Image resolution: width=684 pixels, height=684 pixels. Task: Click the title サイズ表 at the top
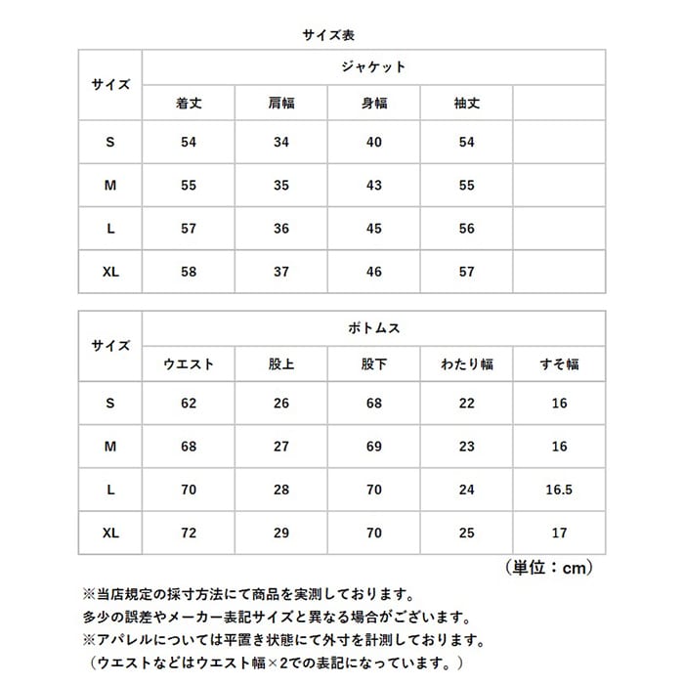click(x=342, y=33)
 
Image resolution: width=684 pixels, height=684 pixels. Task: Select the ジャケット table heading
click(x=373, y=67)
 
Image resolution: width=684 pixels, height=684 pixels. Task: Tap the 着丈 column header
click(x=189, y=103)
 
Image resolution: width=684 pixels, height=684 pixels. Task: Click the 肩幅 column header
click(x=280, y=103)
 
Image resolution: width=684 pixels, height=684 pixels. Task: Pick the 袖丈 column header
click(x=466, y=103)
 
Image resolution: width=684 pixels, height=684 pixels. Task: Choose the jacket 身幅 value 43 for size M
click(x=373, y=186)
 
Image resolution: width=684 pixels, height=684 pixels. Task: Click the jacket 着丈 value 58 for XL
click(x=189, y=272)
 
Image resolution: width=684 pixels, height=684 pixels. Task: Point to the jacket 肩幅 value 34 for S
click(x=280, y=143)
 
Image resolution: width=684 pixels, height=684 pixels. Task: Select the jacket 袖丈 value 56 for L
click(x=466, y=229)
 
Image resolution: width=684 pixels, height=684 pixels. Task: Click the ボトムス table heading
click(x=373, y=328)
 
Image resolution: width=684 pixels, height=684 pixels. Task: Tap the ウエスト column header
click(x=189, y=363)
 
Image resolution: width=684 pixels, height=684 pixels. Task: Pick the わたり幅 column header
click(x=466, y=363)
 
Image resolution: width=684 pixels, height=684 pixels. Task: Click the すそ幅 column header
click(x=559, y=363)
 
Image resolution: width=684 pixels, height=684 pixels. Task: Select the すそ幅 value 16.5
click(x=559, y=490)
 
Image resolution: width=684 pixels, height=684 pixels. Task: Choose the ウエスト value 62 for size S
click(x=189, y=404)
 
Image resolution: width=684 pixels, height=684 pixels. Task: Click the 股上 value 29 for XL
click(x=280, y=533)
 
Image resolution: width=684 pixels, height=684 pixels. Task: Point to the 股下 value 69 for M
click(x=373, y=447)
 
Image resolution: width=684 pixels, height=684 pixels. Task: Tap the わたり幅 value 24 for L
click(x=466, y=490)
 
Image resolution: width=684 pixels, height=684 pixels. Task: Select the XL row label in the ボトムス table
click(x=110, y=533)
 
